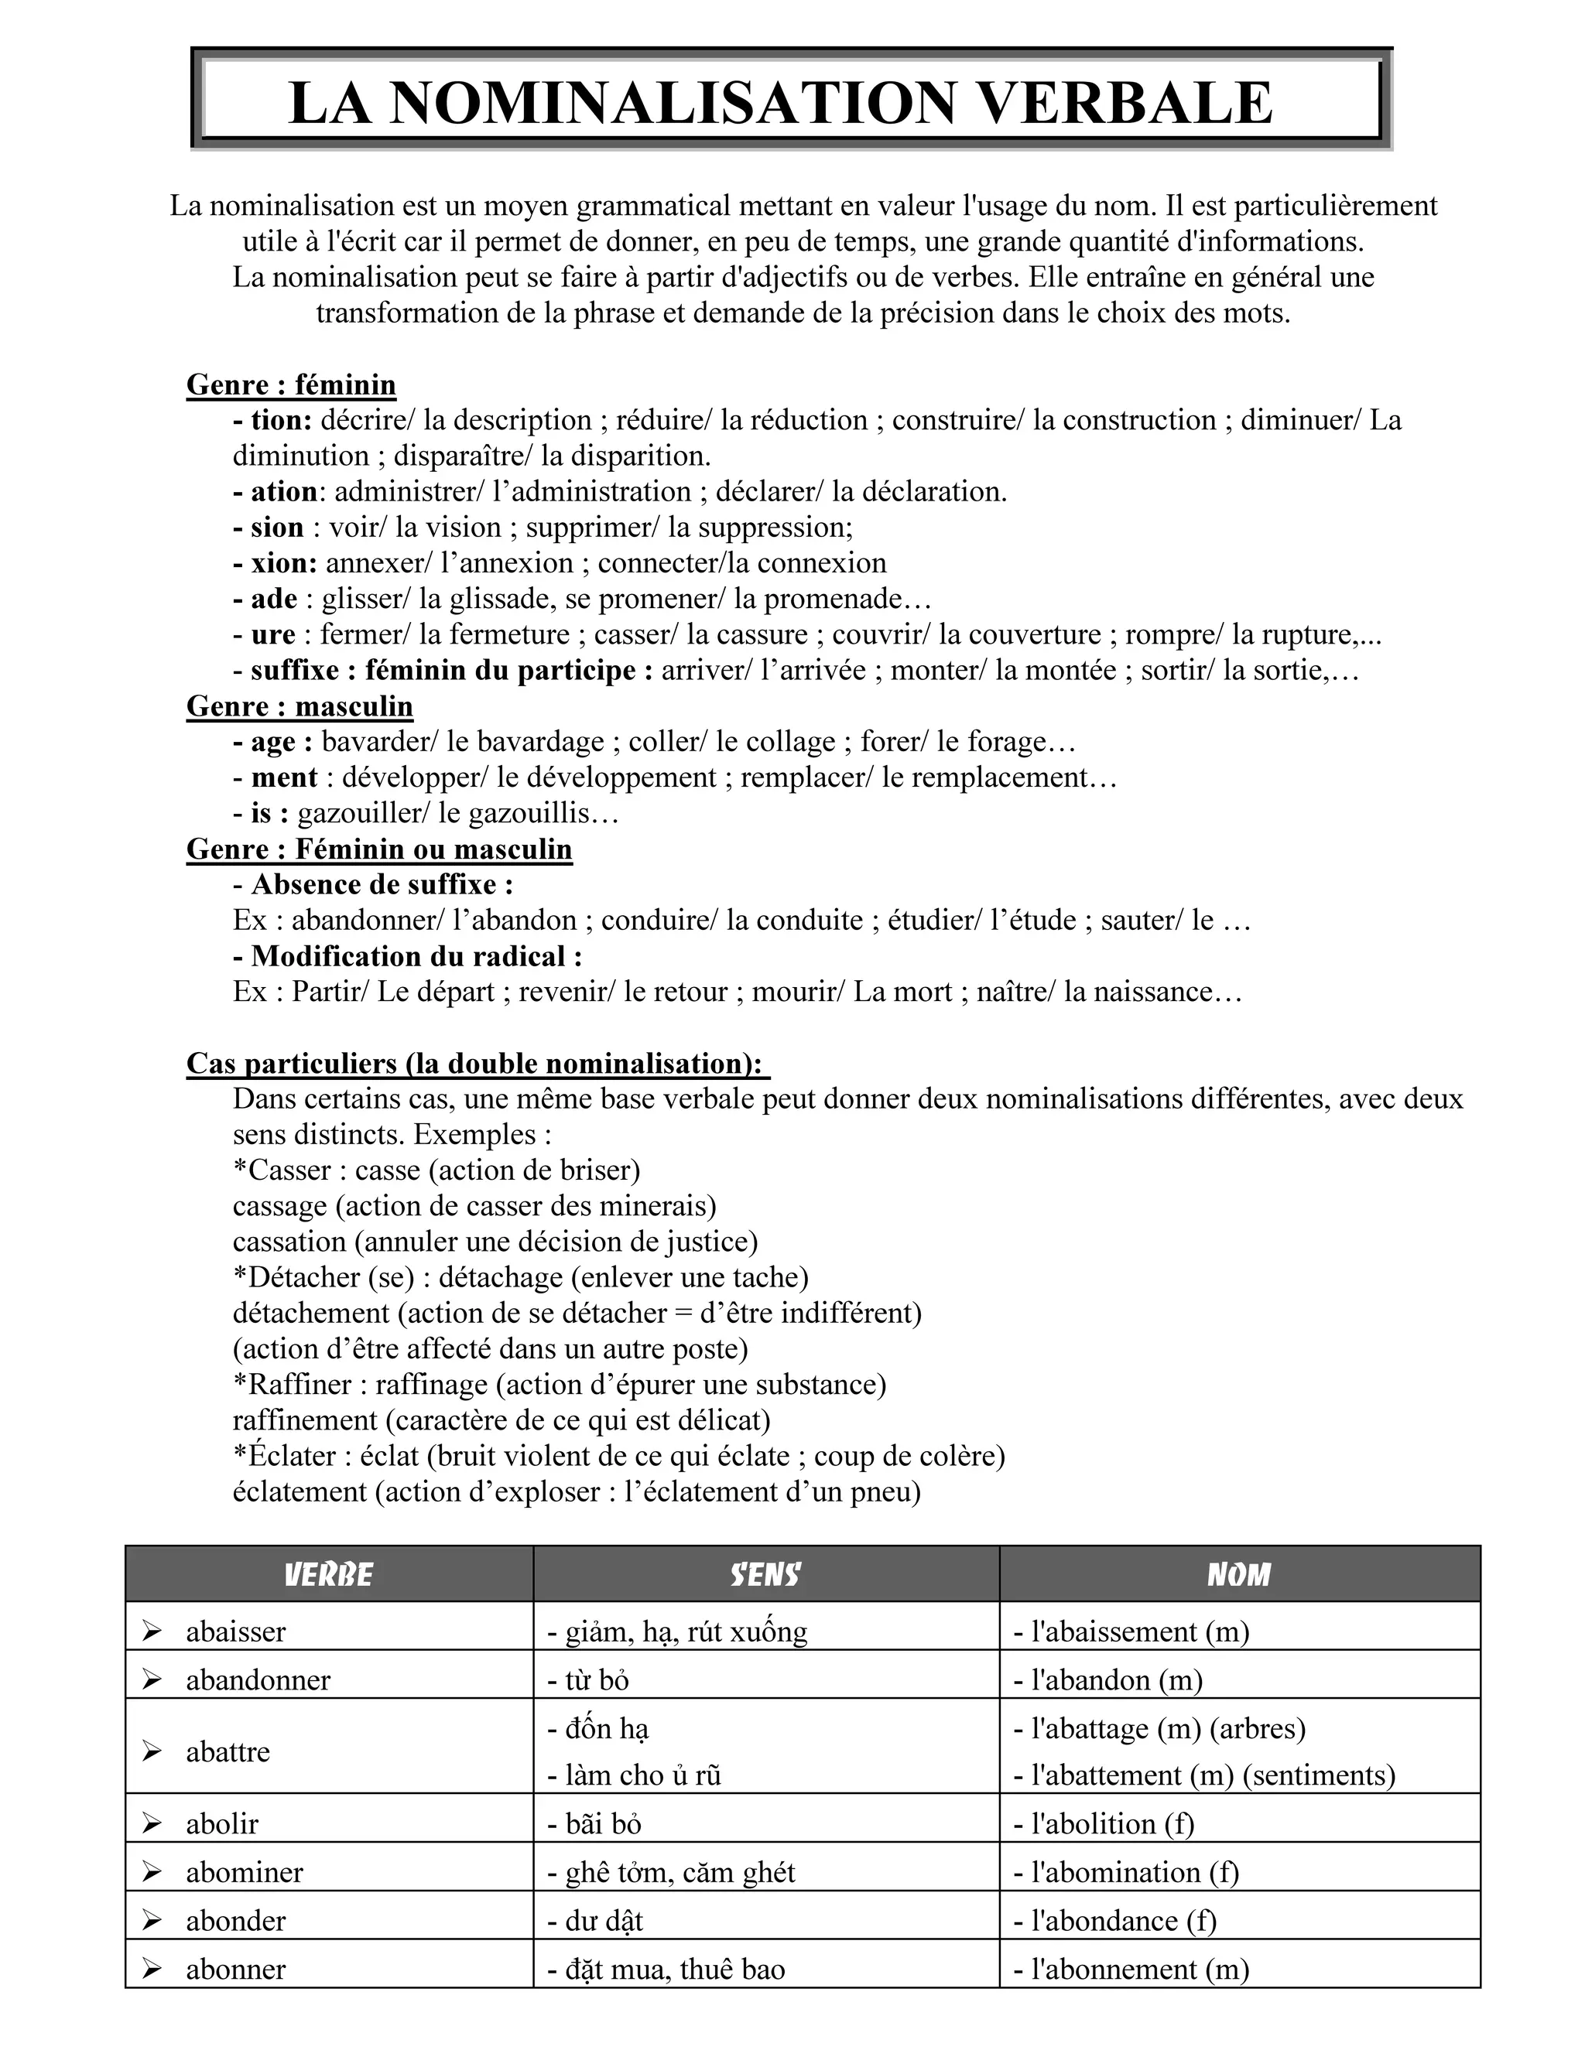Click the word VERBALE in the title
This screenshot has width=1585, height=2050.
pyautogui.click(x=1123, y=102)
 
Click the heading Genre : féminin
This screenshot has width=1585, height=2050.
pyautogui.click(x=291, y=384)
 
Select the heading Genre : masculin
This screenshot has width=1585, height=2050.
pyautogui.click(x=300, y=706)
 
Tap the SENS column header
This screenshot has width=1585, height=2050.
pyautogui.click(x=765, y=1574)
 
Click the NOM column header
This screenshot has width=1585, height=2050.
pyautogui.click(x=1238, y=1574)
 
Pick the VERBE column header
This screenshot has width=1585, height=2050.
pyautogui.click(x=329, y=1574)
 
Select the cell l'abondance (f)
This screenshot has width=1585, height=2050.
pyautogui.click(x=1114, y=1921)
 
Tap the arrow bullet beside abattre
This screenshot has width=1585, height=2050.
pyautogui.click(x=152, y=1751)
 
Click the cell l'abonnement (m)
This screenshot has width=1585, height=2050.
pyautogui.click(x=1131, y=1970)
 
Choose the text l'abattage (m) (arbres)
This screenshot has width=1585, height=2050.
pyautogui.click(x=1159, y=1728)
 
